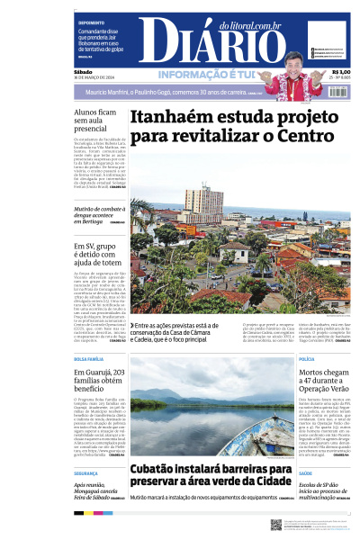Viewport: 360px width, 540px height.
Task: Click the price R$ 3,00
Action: (x=341, y=72)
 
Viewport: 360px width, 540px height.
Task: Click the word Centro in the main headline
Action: (x=310, y=138)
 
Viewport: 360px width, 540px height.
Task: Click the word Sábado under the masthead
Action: (x=84, y=72)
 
